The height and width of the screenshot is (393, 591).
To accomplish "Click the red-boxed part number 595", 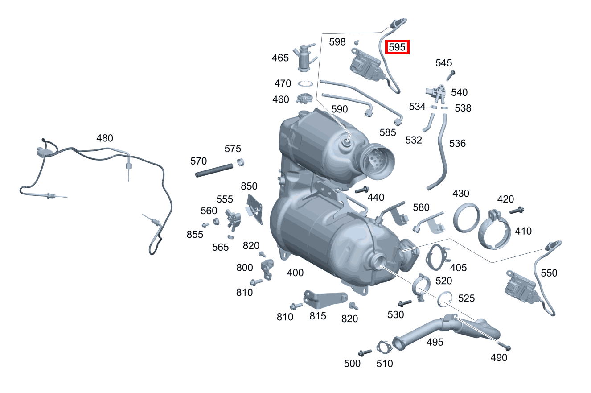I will click(398, 47).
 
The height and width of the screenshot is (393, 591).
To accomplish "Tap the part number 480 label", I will click(105, 138).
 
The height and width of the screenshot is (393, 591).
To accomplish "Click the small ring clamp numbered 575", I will click(242, 162).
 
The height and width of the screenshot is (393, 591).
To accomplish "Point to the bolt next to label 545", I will click(451, 74).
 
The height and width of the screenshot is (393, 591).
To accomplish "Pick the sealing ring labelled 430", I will click(466, 218).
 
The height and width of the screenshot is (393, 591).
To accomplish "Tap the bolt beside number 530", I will click(405, 303).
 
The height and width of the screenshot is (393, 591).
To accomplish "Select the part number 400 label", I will click(295, 273).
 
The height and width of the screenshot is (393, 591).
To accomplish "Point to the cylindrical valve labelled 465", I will click(304, 57).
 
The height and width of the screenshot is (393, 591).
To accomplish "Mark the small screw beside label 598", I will click(357, 42).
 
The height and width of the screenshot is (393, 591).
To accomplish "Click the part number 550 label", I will click(549, 273).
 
